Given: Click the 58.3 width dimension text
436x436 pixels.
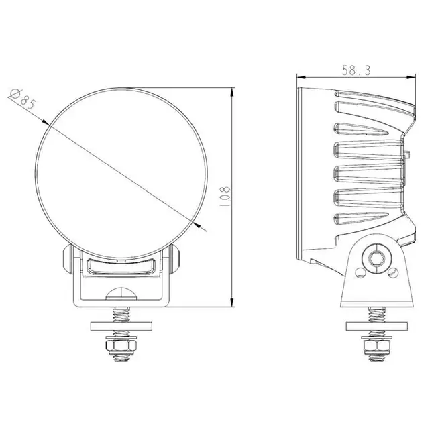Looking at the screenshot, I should [x=353, y=70].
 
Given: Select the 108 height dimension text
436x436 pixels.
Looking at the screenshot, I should [x=226, y=196].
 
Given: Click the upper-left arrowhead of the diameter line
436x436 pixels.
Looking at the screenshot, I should [x=44, y=122].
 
